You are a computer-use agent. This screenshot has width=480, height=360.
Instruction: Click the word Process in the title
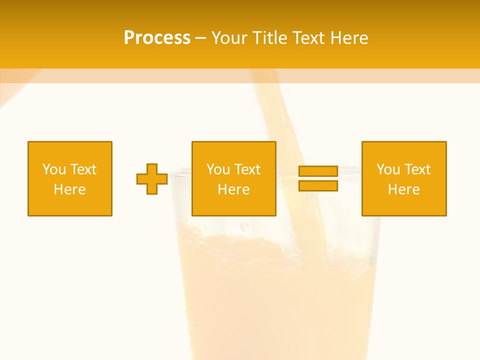(x=157, y=38)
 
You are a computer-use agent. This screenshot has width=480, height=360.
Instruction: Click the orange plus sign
(x=152, y=179)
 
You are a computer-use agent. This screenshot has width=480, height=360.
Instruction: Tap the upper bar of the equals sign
(x=318, y=171)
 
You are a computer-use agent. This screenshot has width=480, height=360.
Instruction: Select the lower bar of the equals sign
(x=318, y=185)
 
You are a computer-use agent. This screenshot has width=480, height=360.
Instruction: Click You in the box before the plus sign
(x=53, y=169)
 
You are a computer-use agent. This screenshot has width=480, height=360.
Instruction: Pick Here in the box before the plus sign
(x=69, y=189)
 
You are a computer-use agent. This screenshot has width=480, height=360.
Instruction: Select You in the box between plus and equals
(x=218, y=169)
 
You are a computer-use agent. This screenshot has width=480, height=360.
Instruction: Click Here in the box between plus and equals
(x=233, y=189)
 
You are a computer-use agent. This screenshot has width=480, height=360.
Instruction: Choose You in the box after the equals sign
(x=388, y=169)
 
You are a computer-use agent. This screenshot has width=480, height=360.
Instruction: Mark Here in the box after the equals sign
(x=403, y=189)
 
